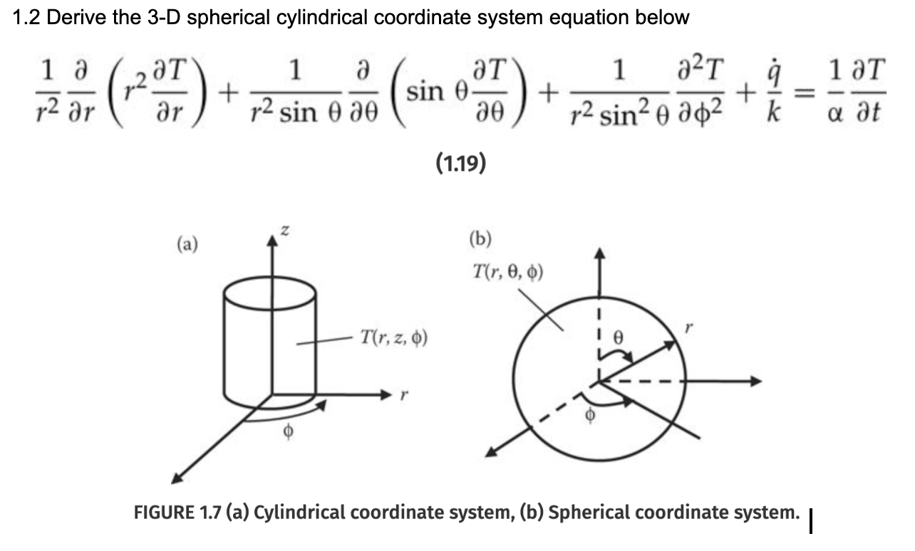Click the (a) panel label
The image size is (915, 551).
coord(187,245)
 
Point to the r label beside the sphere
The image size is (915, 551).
coord(688,327)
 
